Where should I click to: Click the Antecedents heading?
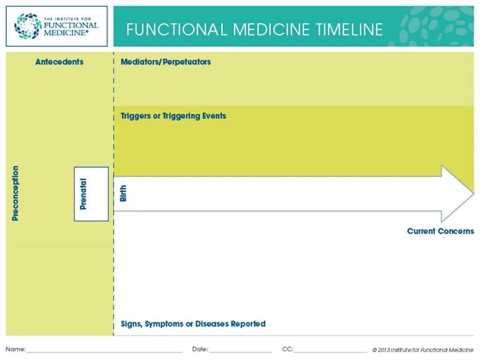(59, 62)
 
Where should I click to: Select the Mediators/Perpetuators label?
(166, 62)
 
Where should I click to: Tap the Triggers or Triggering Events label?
(173, 116)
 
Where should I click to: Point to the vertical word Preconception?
(15, 193)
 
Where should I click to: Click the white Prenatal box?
(91, 194)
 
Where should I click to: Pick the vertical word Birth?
(123, 194)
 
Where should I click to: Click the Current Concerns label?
(440, 231)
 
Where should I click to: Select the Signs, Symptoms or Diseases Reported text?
(193, 324)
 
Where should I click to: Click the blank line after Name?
(105, 352)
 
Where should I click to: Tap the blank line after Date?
(241, 352)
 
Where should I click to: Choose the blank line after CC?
(330, 352)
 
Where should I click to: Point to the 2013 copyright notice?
(423, 350)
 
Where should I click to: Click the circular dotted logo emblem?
(28, 26)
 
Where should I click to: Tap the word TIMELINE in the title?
(349, 30)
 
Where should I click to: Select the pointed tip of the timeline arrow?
(474, 194)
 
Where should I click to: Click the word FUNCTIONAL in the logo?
(71, 25)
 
